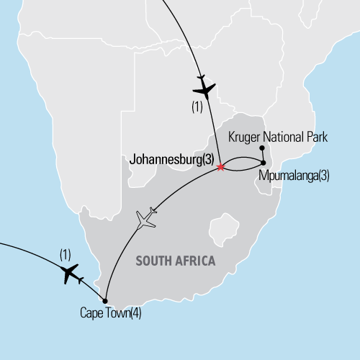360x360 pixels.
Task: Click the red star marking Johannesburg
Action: point(220,167)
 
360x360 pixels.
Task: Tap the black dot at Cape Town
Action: point(105,301)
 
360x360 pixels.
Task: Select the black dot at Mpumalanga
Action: point(264,163)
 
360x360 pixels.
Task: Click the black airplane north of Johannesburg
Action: point(204,89)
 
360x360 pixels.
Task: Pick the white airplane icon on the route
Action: point(146,218)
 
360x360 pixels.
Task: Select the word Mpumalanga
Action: point(288,175)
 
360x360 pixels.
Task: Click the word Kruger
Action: point(243,135)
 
